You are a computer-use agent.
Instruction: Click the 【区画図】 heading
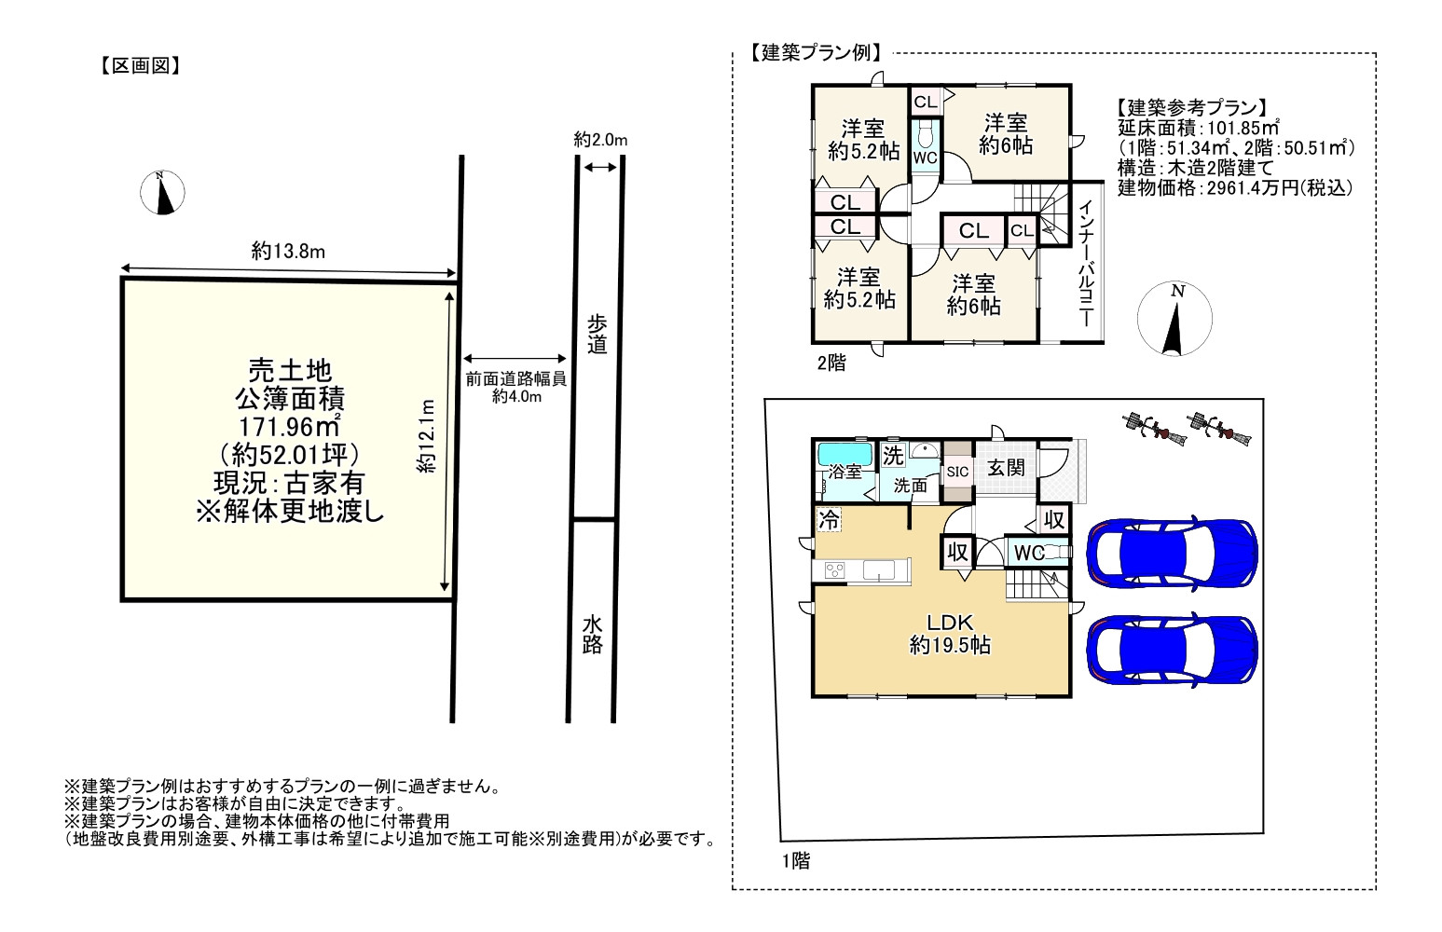[141, 65]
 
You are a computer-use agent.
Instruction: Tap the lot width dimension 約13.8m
[288, 251]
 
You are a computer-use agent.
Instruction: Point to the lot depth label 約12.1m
[426, 436]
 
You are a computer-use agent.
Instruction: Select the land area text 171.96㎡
[290, 427]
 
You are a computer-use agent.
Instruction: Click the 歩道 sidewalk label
[597, 334]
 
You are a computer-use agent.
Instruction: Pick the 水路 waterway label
[592, 635]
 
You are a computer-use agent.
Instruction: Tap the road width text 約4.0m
[516, 396]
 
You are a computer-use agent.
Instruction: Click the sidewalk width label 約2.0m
[600, 140]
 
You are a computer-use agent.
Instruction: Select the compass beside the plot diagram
[162, 192]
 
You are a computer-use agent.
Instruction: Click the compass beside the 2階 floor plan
[1174, 319]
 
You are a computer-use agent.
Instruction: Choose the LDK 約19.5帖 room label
[950, 634]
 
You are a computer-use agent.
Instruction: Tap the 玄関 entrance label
[1006, 468]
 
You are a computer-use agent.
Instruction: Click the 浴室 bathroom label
[845, 472]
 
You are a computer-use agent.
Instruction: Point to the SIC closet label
[958, 472]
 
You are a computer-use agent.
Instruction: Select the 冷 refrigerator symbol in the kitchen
[829, 520]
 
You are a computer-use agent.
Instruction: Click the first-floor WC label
[1029, 553]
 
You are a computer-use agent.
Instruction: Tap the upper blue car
[1172, 552]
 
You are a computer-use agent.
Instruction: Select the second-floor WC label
[925, 158]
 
